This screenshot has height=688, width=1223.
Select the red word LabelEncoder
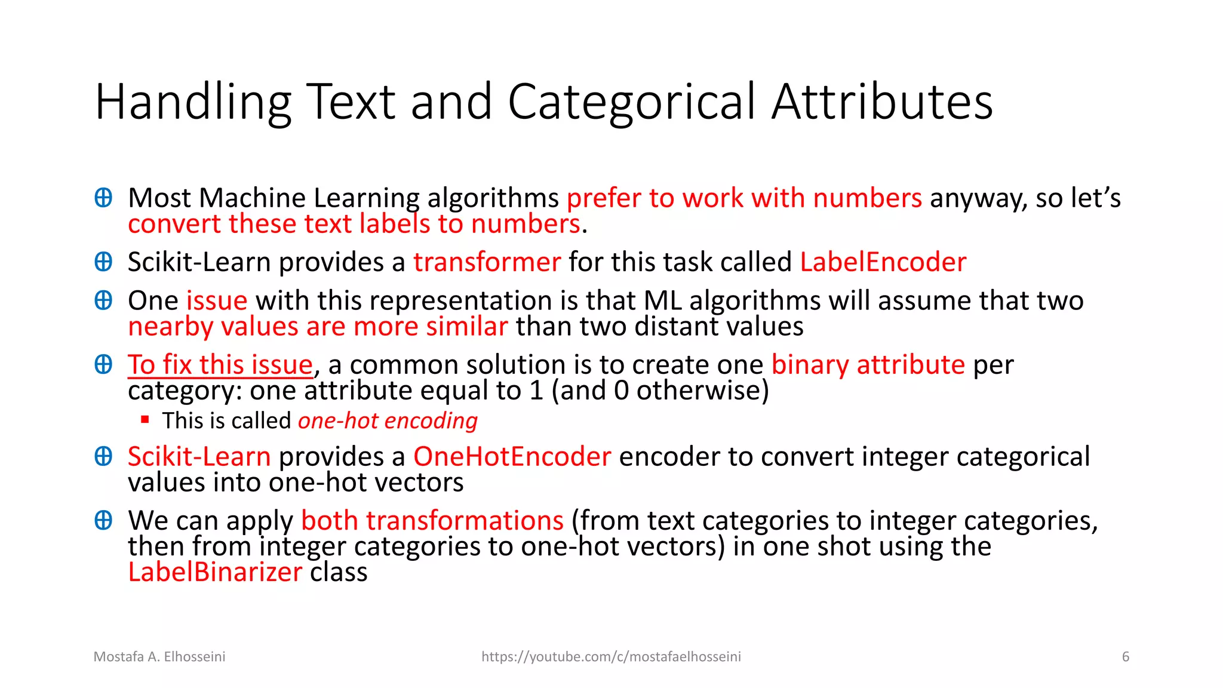[883, 262]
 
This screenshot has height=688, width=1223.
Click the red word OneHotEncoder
[512, 457]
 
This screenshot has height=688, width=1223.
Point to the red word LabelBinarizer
[215, 572]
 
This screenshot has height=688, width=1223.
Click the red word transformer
[487, 262]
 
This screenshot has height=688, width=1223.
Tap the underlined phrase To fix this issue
[220, 365]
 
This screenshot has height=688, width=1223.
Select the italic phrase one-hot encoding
[388, 421]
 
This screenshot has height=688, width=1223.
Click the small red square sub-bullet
[145, 420]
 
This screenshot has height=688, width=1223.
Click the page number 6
[1125, 657]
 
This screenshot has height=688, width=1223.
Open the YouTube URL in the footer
[611, 657]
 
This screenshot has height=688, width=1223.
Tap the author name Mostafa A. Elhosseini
[159, 657]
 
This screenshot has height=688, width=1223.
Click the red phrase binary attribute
[868, 365]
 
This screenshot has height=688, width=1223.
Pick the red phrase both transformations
[432, 521]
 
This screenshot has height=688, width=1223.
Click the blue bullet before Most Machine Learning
[103, 198]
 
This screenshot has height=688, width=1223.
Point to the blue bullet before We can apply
[103, 521]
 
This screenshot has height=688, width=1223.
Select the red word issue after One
[217, 300]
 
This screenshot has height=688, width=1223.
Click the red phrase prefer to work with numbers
[744, 198]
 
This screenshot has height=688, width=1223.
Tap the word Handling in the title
[193, 103]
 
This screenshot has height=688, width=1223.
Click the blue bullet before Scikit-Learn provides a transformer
[103, 262]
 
